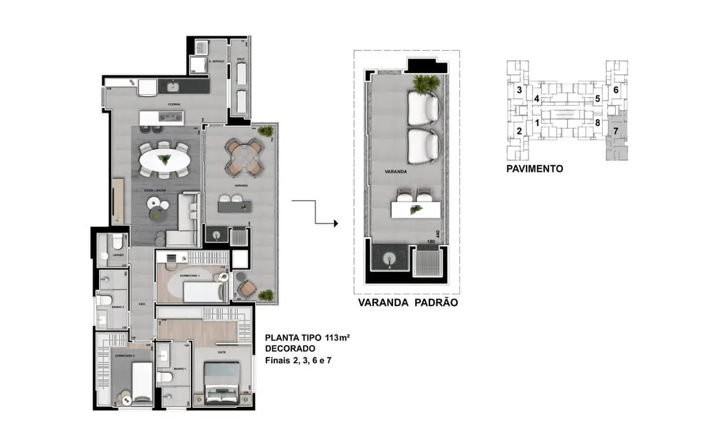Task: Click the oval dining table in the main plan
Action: point(165,161)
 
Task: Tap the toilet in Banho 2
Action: point(100,303)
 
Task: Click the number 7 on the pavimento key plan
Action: point(616,131)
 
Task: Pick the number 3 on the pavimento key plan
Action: point(520,90)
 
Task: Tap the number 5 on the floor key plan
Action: point(597,99)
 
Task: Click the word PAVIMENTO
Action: point(535,168)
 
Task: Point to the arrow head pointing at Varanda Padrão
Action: point(335,223)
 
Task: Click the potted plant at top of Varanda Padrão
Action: point(425,85)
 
